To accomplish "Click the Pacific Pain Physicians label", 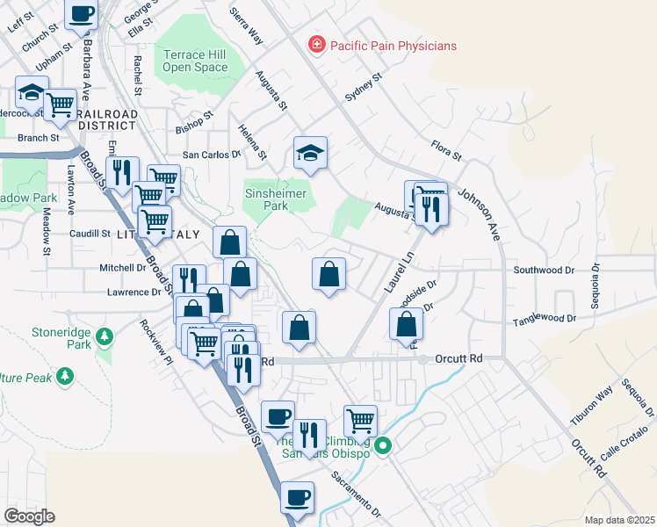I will tap(393, 46).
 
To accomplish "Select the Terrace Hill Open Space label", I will tap(195, 61).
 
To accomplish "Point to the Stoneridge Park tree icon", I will tap(105, 336).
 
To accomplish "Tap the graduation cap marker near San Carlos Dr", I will tap(310, 154).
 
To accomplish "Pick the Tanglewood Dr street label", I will tap(545, 319).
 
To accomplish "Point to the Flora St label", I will tap(446, 150).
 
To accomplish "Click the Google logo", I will tap(29, 516).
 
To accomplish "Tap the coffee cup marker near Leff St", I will tap(82, 15).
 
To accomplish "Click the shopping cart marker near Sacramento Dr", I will tap(360, 420).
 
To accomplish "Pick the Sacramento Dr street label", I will tap(356, 494).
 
